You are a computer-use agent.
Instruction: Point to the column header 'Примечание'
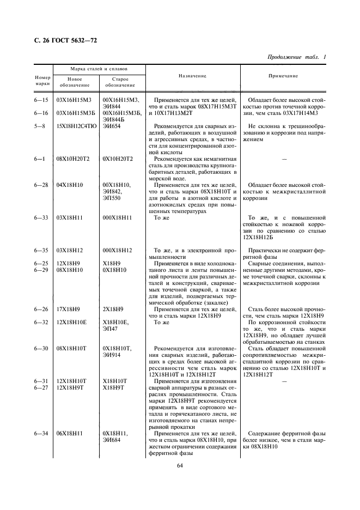click(x=284, y=76)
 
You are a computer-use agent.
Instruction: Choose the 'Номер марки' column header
click(x=42, y=81)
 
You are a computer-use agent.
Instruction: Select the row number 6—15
click(x=42, y=100)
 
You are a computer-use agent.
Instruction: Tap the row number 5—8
click(x=42, y=126)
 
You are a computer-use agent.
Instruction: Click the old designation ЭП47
click(x=111, y=329)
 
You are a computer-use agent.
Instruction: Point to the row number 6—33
click(x=42, y=217)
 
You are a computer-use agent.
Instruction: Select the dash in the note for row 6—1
click(x=283, y=159)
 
